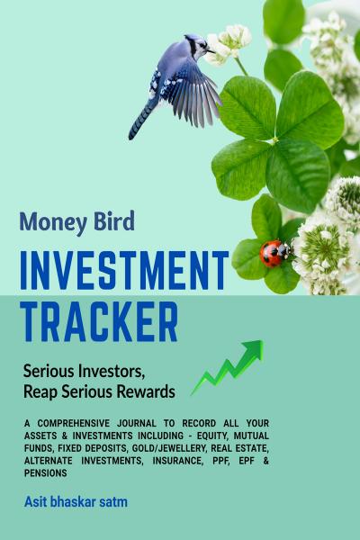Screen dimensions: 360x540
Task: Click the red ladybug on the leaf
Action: coord(275,253)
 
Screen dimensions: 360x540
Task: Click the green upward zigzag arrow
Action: coord(229,366)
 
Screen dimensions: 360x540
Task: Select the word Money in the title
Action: coord(51,222)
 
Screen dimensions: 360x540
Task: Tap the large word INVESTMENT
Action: coord(125,270)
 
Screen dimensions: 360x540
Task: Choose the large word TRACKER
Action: coord(100,321)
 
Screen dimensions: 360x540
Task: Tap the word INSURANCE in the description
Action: coord(177,461)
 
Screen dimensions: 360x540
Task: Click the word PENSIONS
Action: coord(46,473)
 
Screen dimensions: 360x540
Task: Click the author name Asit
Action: coord(35,501)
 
